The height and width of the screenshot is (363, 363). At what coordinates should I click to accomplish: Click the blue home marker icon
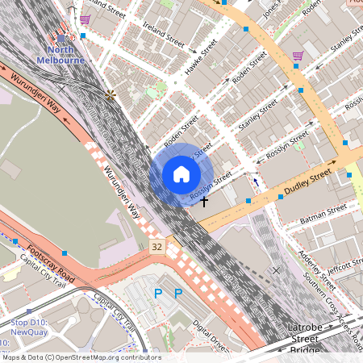tap(181, 174)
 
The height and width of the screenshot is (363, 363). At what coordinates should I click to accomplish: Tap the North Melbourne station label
tap(61, 55)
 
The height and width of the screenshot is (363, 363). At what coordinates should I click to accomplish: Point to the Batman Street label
tap(323, 212)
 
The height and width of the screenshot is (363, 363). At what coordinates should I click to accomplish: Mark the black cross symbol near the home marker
tap(204, 199)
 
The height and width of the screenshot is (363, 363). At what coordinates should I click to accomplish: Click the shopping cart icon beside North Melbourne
tap(84, 19)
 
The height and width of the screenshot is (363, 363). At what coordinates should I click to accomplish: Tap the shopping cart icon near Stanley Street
tap(298, 56)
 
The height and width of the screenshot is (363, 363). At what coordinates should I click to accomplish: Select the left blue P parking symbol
tap(158, 294)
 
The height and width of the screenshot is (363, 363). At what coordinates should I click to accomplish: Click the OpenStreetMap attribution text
tap(81, 357)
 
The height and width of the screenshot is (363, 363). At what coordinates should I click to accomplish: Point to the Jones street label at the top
tap(272, 6)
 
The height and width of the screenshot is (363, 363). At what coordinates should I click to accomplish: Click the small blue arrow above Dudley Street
tap(257, 182)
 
